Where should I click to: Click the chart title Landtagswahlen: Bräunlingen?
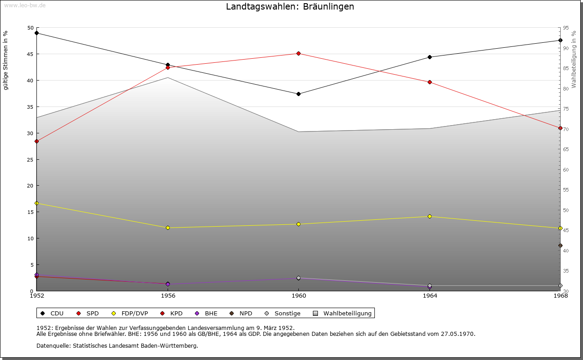click(290, 7)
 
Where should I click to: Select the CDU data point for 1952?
click(37, 33)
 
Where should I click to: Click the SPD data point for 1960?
click(299, 53)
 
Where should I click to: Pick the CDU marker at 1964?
click(430, 57)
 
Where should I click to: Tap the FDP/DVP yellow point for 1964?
click(430, 216)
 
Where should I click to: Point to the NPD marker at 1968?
click(560, 246)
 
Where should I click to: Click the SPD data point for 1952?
click(37, 141)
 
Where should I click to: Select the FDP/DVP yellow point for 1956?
click(168, 228)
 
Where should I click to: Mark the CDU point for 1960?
click(299, 94)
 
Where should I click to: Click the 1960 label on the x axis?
click(299, 296)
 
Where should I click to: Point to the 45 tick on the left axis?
click(31, 54)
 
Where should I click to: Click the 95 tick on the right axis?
click(565, 28)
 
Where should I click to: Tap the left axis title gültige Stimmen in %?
click(6, 61)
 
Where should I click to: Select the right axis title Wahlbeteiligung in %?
click(574, 59)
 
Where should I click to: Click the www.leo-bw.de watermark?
click(25, 5)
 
